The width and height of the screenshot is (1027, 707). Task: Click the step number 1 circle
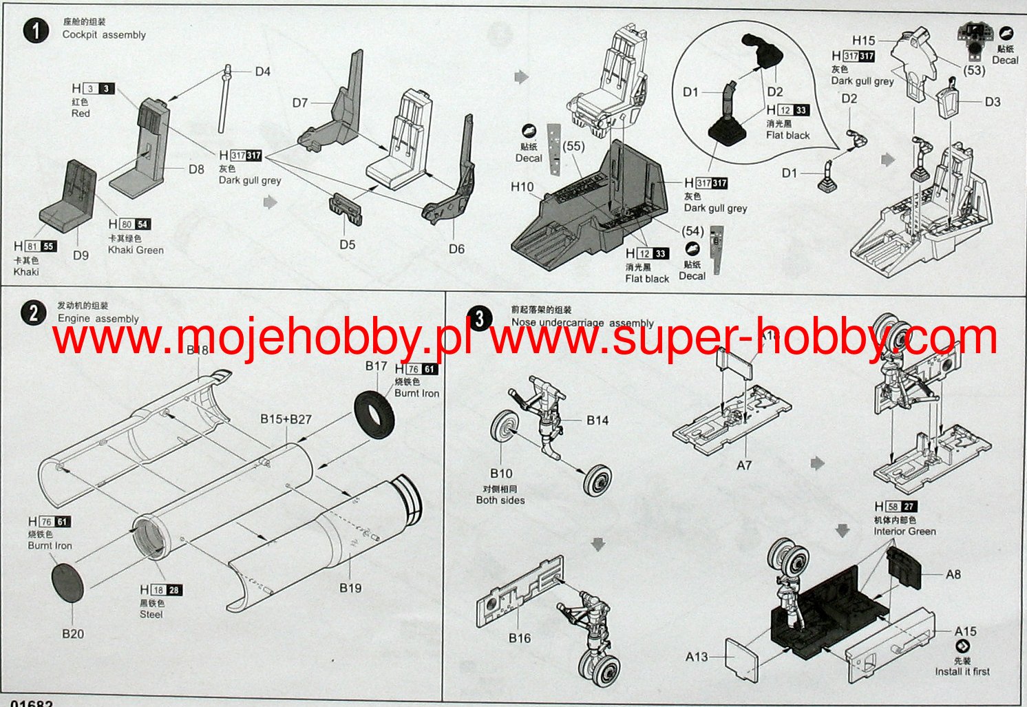[x=36, y=30]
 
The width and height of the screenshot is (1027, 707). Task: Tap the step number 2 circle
[x=33, y=314]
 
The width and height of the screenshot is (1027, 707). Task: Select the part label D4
[x=262, y=72]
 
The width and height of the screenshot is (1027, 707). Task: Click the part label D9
[x=81, y=255]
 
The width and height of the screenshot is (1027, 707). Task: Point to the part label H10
[x=522, y=187]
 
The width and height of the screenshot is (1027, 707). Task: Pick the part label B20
[x=73, y=633]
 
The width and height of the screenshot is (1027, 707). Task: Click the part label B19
[x=350, y=588]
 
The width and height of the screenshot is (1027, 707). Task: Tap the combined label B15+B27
[x=286, y=419]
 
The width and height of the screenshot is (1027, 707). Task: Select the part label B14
[x=597, y=420]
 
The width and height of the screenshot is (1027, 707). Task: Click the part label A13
[x=697, y=657]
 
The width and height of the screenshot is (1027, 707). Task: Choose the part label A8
[x=953, y=574]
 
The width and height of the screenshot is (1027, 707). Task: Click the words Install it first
[x=962, y=671]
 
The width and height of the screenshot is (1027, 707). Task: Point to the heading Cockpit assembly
[x=104, y=34]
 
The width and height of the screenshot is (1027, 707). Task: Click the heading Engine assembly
[x=98, y=319]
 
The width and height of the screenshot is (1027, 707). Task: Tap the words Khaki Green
[x=136, y=250]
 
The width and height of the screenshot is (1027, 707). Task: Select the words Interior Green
[x=904, y=531]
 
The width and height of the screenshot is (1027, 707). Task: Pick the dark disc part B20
[x=67, y=582]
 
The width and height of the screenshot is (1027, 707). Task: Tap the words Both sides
[x=500, y=500]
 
